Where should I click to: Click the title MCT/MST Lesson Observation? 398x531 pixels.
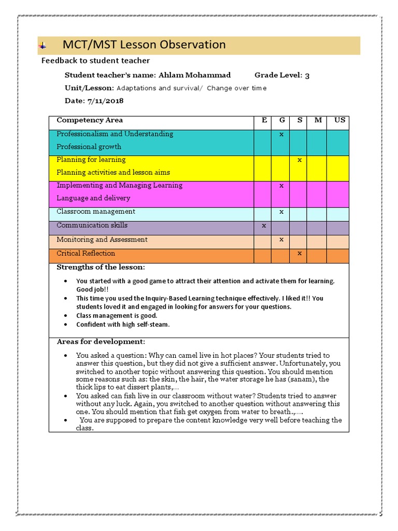tap(144, 45)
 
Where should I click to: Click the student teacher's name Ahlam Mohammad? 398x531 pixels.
tap(194, 75)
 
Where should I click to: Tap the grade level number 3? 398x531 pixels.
tap(307, 76)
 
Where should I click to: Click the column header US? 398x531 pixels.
tap(339, 120)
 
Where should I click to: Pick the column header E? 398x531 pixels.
tap(264, 120)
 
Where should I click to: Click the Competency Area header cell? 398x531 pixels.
tap(90, 120)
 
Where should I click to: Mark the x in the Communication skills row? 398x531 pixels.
tap(264, 226)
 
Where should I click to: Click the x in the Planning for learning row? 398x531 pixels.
tap(300, 160)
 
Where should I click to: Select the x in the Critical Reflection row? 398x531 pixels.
tap(300, 254)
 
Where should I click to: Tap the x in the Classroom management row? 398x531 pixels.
tap(281, 212)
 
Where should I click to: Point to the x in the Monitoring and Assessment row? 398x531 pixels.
tap(281, 240)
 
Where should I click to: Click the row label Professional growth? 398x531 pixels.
tap(89, 147)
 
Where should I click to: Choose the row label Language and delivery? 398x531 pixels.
tap(93, 198)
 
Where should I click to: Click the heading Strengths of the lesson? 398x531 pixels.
tap(101, 267)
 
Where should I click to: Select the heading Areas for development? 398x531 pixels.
tap(101, 342)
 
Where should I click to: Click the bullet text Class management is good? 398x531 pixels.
tap(117, 315)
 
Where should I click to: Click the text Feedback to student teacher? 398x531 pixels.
tap(95, 61)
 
